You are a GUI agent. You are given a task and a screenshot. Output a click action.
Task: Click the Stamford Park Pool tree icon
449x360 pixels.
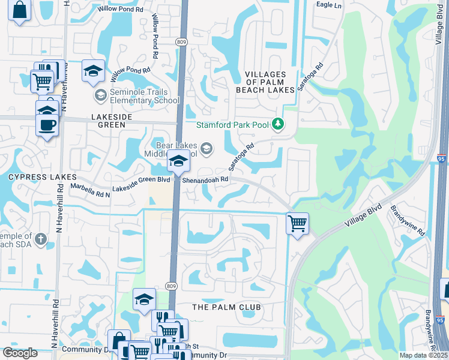(x=277, y=124)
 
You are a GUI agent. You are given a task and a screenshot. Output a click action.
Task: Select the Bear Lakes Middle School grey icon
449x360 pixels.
(x=206, y=148)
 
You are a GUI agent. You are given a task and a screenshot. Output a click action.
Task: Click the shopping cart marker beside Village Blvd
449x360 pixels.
(x=297, y=224)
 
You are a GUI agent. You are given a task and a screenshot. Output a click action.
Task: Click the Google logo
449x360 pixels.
(x=20, y=353)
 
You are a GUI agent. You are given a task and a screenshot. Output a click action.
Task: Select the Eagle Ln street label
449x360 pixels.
(x=328, y=5)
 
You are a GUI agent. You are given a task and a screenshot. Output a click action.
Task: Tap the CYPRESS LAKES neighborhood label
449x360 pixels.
(x=42, y=177)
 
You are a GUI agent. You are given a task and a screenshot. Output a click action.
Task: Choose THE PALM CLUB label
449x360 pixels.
(x=226, y=307)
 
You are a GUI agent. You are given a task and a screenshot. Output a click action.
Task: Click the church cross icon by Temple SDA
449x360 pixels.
(x=40, y=239)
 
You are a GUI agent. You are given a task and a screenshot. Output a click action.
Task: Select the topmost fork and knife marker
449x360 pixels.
(x=161, y=317)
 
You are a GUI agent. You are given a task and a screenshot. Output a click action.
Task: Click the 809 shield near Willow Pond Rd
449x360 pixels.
(x=181, y=41)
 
